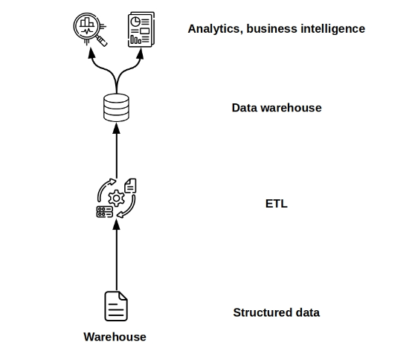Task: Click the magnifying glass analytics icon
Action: pos(90,29)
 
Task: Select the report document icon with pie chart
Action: pos(141,30)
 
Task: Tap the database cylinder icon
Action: pos(116,108)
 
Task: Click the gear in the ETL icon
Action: pos(116,199)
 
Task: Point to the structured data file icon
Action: pos(116,306)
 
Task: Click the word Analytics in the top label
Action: pos(215,29)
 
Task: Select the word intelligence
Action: pos(333,28)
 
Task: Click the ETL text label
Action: pos(277,204)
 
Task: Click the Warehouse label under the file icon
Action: pos(115,337)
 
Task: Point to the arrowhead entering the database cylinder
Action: pos(117,128)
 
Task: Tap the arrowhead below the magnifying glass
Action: pos(91,53)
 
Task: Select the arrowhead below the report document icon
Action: pos(141,54)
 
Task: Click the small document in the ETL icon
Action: pos(130,185)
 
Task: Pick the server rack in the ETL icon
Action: pos(105,212)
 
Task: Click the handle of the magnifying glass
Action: pos(101,40)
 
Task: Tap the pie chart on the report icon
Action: pos(135,22)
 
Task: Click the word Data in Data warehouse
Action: pos(244,108)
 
